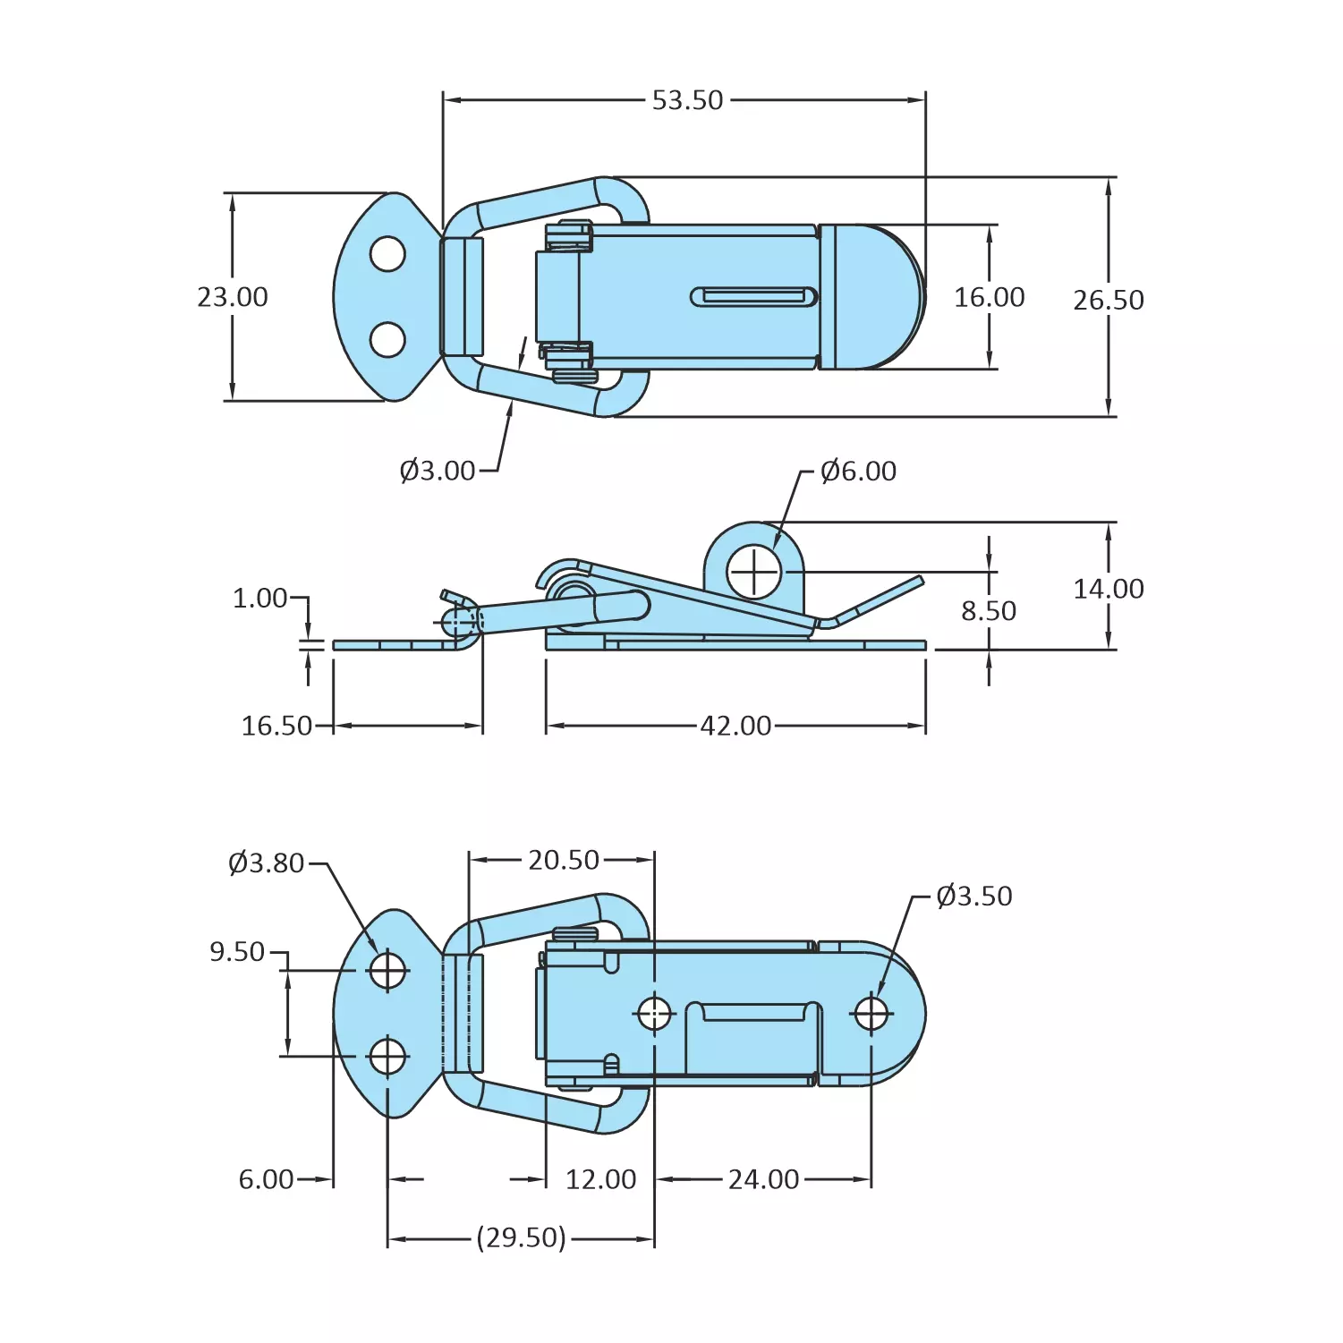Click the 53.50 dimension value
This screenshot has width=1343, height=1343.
click(687, 100)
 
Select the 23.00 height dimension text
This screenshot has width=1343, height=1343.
click(233, 297)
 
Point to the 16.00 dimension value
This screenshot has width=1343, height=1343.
click(989, 297)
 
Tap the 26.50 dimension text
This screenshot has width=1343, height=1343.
click(1108, 300)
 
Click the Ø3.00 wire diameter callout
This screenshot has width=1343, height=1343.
click(438, 471)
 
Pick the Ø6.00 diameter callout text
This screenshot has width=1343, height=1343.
click(858, 471)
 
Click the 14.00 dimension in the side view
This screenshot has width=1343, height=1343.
click(1108, 589)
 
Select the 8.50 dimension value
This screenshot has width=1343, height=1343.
click(989, 611)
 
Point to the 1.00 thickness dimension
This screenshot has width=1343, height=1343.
click(259, 598)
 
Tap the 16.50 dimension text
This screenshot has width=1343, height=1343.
click(276, 726)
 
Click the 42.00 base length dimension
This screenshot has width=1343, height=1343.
click(735, 726)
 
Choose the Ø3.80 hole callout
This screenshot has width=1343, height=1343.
click(266, 863)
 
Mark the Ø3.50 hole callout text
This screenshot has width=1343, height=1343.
click(973, 897)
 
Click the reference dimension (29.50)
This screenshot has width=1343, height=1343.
click(521, 1238)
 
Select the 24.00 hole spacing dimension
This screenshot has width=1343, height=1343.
click(763, 1179)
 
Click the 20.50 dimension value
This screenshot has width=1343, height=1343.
click(563, 860)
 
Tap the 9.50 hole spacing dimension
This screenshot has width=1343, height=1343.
click(237, 952)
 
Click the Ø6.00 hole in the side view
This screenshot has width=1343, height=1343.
click(754, 572)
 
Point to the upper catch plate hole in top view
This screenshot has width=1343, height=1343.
click(387, 254)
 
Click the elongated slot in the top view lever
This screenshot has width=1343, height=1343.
click(754, 297)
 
